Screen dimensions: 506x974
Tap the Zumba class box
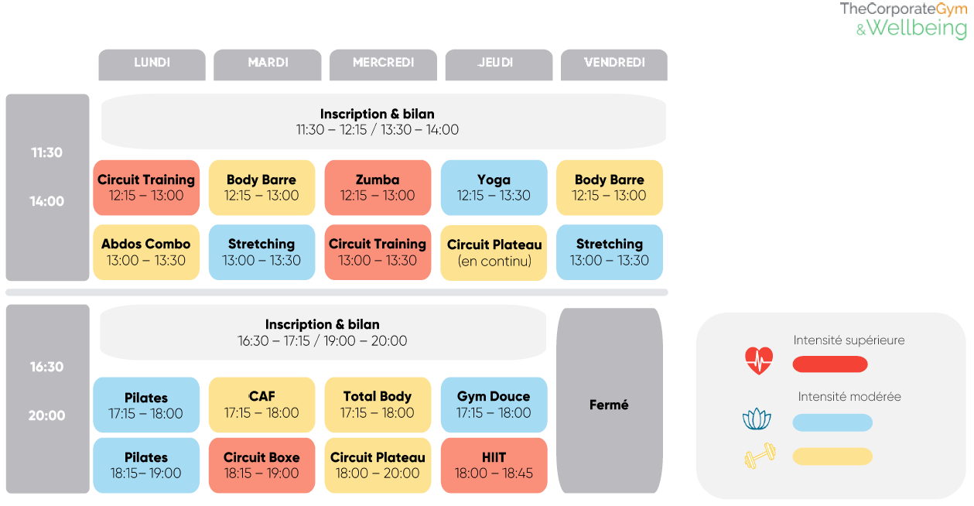pos(378,187)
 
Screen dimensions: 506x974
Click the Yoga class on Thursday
pos(494,187)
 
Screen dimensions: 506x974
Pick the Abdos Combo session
pos(146,252)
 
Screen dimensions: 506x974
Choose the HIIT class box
pos(494,465)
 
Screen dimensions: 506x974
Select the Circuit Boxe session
pos(261,465)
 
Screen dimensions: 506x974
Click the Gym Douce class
pos(494,404)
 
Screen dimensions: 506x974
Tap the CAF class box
pos(261,404)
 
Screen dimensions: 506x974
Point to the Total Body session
pos(378,404)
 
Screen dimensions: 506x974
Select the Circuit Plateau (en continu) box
pos(494,252)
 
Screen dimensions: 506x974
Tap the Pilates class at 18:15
pos(146,465)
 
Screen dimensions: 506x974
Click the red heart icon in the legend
pos(759,361)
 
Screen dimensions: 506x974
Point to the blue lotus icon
pos(757,420)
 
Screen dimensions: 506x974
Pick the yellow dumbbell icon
pos(760,456)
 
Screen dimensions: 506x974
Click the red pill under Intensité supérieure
pos(830,364)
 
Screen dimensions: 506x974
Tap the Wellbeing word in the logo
pos(917,29)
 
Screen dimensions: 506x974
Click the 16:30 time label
pos(47,367)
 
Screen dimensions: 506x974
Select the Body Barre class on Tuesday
pos(261,187)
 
